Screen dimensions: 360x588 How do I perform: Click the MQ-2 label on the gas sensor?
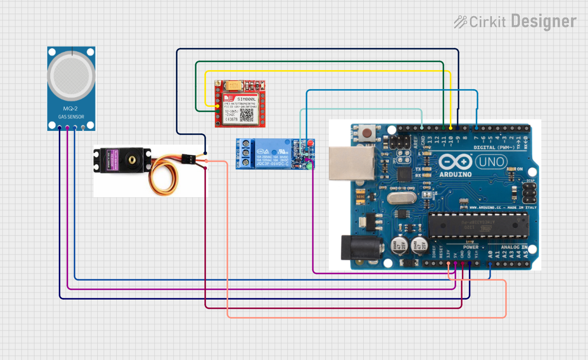click(70, 109)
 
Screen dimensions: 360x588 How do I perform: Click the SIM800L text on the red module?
click(246, 99)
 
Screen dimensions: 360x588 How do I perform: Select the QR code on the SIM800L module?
click(247, 115)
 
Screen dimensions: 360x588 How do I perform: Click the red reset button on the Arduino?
click(367, 133)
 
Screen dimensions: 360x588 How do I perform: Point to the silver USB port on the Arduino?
click(351, 163)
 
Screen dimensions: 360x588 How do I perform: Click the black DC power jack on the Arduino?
click(361, 247)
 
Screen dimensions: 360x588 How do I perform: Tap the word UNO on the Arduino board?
click(491, 162)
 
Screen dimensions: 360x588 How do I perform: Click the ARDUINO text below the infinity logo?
click(455, 174)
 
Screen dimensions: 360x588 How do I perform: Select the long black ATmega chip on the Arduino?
click(479, 225)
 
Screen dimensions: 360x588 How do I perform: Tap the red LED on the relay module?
click(311, 143)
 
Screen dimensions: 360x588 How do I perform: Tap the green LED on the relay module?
click(310, 166)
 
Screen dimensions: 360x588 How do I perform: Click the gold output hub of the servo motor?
click(132, 160)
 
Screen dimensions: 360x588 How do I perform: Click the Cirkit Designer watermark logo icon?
click(460, 22)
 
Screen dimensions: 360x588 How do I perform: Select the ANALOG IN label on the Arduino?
click(514, 247)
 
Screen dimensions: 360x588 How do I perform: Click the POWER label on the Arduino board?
click(471, 247)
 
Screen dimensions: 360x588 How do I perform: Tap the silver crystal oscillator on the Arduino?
click(400, 198)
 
